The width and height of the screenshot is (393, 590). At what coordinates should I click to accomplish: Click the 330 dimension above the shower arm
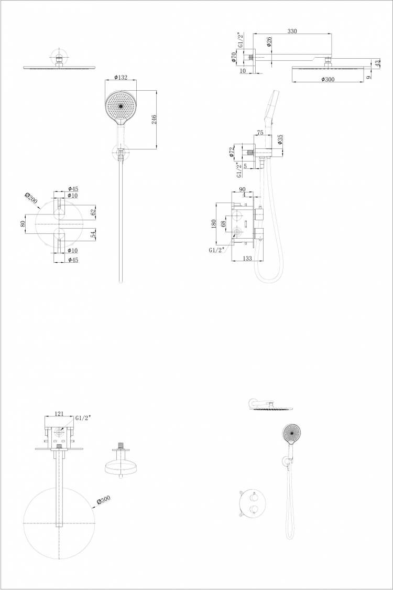[292, 31]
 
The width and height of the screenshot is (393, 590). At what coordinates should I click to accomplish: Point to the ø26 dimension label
[269, 41]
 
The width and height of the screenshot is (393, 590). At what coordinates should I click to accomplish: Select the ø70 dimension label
[234, 57]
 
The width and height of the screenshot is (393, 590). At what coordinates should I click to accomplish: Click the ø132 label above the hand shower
[121, 78]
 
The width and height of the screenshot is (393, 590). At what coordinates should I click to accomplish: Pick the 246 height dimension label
[154, 120]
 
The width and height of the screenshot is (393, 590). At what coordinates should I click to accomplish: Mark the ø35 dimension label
[280, 140]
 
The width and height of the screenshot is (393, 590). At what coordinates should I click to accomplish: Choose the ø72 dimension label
[232, 152]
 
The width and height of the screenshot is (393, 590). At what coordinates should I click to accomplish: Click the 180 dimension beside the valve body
[214, 224]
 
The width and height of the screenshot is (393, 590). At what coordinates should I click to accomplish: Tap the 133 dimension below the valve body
[247, 258]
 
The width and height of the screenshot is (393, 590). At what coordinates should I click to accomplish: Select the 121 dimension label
[59, 414]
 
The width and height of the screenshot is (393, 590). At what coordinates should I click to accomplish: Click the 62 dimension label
[94, 212]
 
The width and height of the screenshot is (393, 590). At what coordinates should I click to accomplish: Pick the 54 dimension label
[94, 235]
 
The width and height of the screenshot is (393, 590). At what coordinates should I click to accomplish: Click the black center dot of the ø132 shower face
[121, 106]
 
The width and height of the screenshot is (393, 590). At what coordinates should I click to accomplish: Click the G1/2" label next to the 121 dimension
[83, 417]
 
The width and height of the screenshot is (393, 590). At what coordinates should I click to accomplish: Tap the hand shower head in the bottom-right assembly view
[292, 434]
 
